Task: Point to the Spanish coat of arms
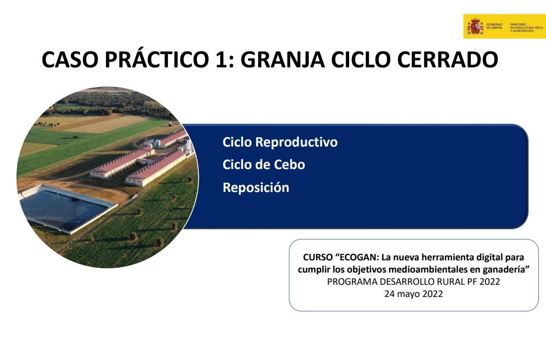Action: [475, 26]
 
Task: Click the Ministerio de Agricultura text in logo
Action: [526, 27]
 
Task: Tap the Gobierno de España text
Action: [494, 27]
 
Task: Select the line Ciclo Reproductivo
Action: [280, 142]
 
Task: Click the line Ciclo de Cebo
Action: [264, 165]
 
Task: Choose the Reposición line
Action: [256, 188]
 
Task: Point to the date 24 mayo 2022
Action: [413, 294]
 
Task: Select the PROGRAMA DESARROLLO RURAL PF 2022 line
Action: [413, 281]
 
